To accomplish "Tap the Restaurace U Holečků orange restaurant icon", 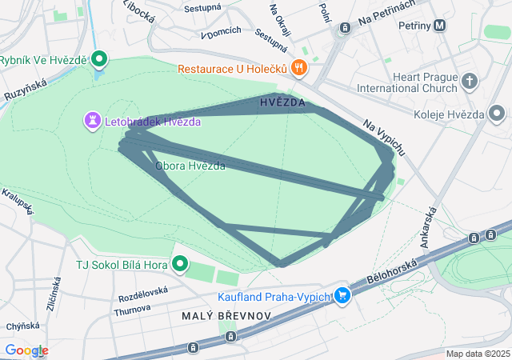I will [x=298, y=68].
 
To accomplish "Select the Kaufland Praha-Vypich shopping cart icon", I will [x=342, y=296].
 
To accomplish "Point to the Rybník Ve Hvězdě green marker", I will [x=100, y=59].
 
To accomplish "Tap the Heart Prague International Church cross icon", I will [x=469, y=81].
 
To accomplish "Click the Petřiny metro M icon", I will [x=441, y=26].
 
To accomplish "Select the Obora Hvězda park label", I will [x=190, y=166].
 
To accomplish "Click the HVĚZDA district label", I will [x=282, y=103].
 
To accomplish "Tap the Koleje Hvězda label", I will [x=453, y=114].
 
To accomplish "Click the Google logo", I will [x=26, y=350].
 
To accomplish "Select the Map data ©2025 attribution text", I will [x=478, y=354].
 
